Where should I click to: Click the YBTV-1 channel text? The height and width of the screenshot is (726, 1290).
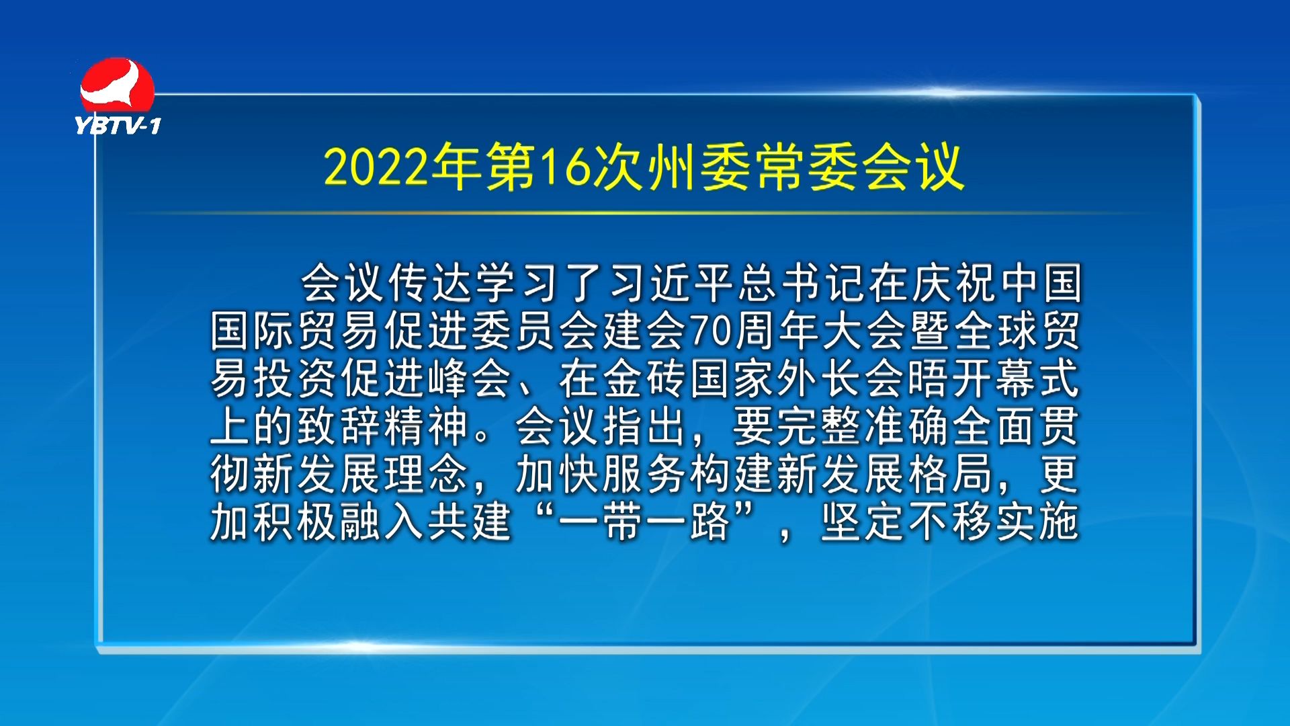[x=118, y=126]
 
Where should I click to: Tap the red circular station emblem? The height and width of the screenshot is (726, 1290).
[x=118, y=85]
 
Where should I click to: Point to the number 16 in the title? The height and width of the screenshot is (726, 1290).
[x=565, y=167]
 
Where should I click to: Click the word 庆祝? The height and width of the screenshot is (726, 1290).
[x=956, y=283]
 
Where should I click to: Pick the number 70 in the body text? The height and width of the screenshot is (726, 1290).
[x=711, y=331]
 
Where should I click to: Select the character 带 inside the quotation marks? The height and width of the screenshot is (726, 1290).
[x=623, y=522]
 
